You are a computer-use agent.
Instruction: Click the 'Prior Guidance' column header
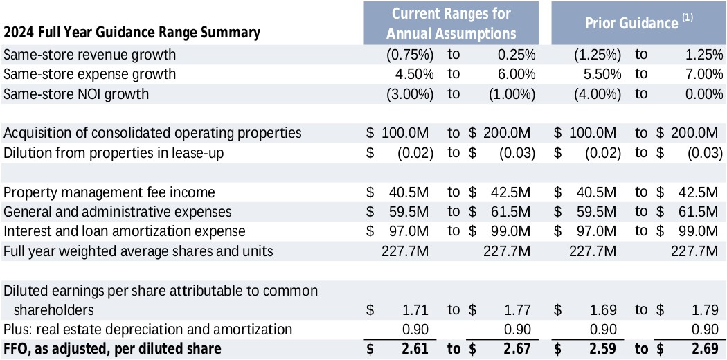point(630,24)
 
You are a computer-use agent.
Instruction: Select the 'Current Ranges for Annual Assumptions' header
point(451,24)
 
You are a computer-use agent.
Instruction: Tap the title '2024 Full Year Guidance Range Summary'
point(132,33)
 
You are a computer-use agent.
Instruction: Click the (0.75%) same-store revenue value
point(409,54)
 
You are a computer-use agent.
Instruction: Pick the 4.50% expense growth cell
point(414,74)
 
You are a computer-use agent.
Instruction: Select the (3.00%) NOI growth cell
point(409,94)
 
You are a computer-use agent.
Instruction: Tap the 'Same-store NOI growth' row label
point(76,94)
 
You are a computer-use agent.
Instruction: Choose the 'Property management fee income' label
point(109,192)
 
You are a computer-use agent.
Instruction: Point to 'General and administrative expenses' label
point(118,211)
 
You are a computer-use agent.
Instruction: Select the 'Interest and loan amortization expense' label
point(125,231)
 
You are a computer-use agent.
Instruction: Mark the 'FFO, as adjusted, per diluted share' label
point(112,349)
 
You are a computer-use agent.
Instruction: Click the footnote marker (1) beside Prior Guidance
point(687,19)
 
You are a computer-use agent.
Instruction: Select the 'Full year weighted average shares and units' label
point(138,251)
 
